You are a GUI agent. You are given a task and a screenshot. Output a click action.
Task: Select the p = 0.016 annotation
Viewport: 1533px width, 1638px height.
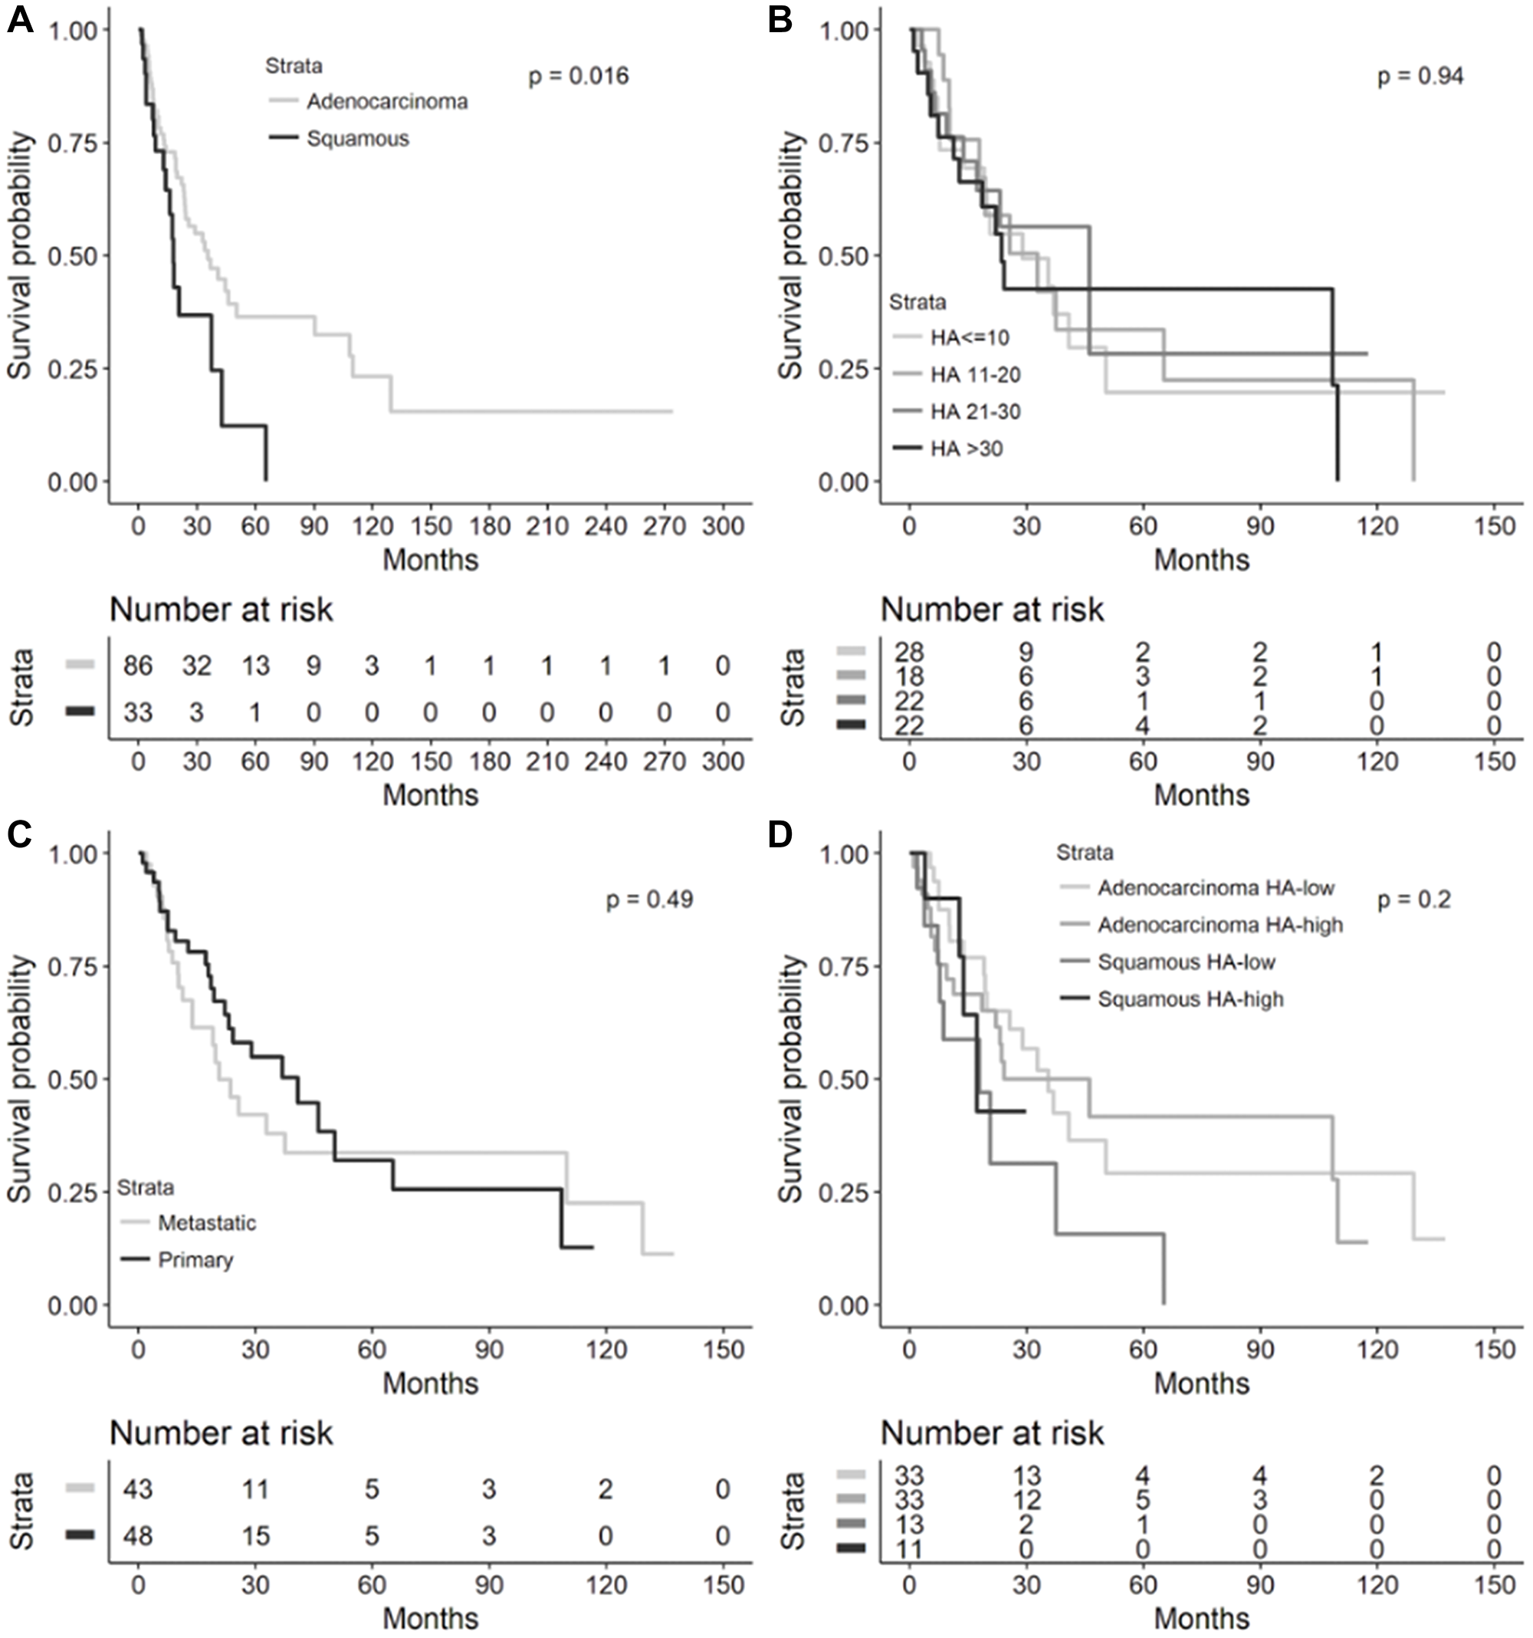pyautogui.click(x=578, y=77)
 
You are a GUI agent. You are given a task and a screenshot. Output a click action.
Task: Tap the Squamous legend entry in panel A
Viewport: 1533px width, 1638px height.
pyautogui.click(x=357, y=139)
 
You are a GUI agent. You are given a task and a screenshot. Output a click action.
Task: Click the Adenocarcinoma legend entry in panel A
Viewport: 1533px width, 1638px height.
pyautogui.click(x=387, y=101)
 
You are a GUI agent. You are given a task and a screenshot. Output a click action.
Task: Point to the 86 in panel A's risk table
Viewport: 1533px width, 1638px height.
pyautogui.click(x=139, y=666)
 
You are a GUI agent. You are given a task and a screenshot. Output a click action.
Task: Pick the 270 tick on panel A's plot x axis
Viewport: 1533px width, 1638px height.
pyautogui.click(x=665, y=525)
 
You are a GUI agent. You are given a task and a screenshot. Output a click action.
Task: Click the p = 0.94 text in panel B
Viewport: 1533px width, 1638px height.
pyautogui.click(x=1420, y=77)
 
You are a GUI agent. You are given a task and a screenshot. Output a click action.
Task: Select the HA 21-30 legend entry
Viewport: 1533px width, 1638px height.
pyautogui.click(x=975, y=411)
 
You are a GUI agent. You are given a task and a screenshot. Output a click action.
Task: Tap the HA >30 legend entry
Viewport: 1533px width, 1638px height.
pyautogui.click(x=967, y=448)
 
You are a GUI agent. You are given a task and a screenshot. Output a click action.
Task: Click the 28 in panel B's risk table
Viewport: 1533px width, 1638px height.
pyautogui.click(x=909, y=653)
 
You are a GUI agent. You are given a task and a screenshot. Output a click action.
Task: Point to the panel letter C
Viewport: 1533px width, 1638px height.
pyautogui.click(x=20, y=834)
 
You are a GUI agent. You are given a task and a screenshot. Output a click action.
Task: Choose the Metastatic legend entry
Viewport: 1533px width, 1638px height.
pyautogui.click(x=207, y=1222)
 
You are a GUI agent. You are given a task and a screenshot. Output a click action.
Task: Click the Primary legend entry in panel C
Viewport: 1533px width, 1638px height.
pyautogui.click(x=195, y=1260)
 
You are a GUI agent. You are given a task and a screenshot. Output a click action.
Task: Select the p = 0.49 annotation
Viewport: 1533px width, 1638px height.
pyautogui.click(x=649, y=899)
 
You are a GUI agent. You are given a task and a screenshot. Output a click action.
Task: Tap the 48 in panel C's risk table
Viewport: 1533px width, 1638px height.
pyautogui.click(x=139, y=1536)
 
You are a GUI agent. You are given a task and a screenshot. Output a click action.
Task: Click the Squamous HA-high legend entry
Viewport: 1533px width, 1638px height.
pyautogui.click(x=1190, y=999)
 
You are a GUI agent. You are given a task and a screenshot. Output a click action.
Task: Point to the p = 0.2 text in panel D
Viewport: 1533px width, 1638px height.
pyautogui.click(x=1413, y=900)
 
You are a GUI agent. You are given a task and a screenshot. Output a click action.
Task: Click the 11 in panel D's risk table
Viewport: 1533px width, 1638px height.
pyautogui.click(x=909, y=1550)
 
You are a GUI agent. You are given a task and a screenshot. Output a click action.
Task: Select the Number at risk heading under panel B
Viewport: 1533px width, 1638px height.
pyautogui.click(x=992, y=610)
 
